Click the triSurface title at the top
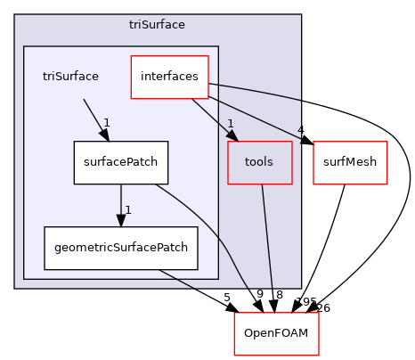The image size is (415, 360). click(157, 24)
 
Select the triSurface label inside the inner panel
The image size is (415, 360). click(70, 77)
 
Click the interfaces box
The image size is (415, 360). click(169, 77)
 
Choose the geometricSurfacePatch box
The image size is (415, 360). click(121, 248)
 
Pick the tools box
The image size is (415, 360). click(260, 162)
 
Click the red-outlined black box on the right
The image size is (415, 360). click(350, 163)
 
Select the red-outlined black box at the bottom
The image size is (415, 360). click(276, 333)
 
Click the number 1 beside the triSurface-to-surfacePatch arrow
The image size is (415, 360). click(106, 123)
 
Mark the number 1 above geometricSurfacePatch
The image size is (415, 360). click(128, 210)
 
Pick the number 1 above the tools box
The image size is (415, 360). click(230, 124)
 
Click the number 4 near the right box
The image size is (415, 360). click(301, 130)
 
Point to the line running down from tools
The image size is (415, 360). click(265, 232)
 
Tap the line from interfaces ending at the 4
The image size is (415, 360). click(258, 114)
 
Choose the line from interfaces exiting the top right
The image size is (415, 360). click(258, 92)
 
